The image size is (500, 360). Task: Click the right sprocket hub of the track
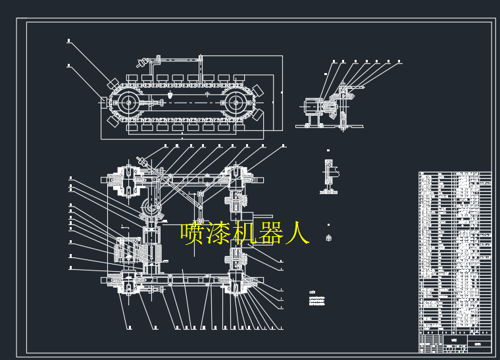point(238,103)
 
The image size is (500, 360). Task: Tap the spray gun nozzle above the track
point(141,64)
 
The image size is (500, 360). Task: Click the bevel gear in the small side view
point(343,101)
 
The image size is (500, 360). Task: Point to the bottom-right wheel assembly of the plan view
point(239,284)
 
